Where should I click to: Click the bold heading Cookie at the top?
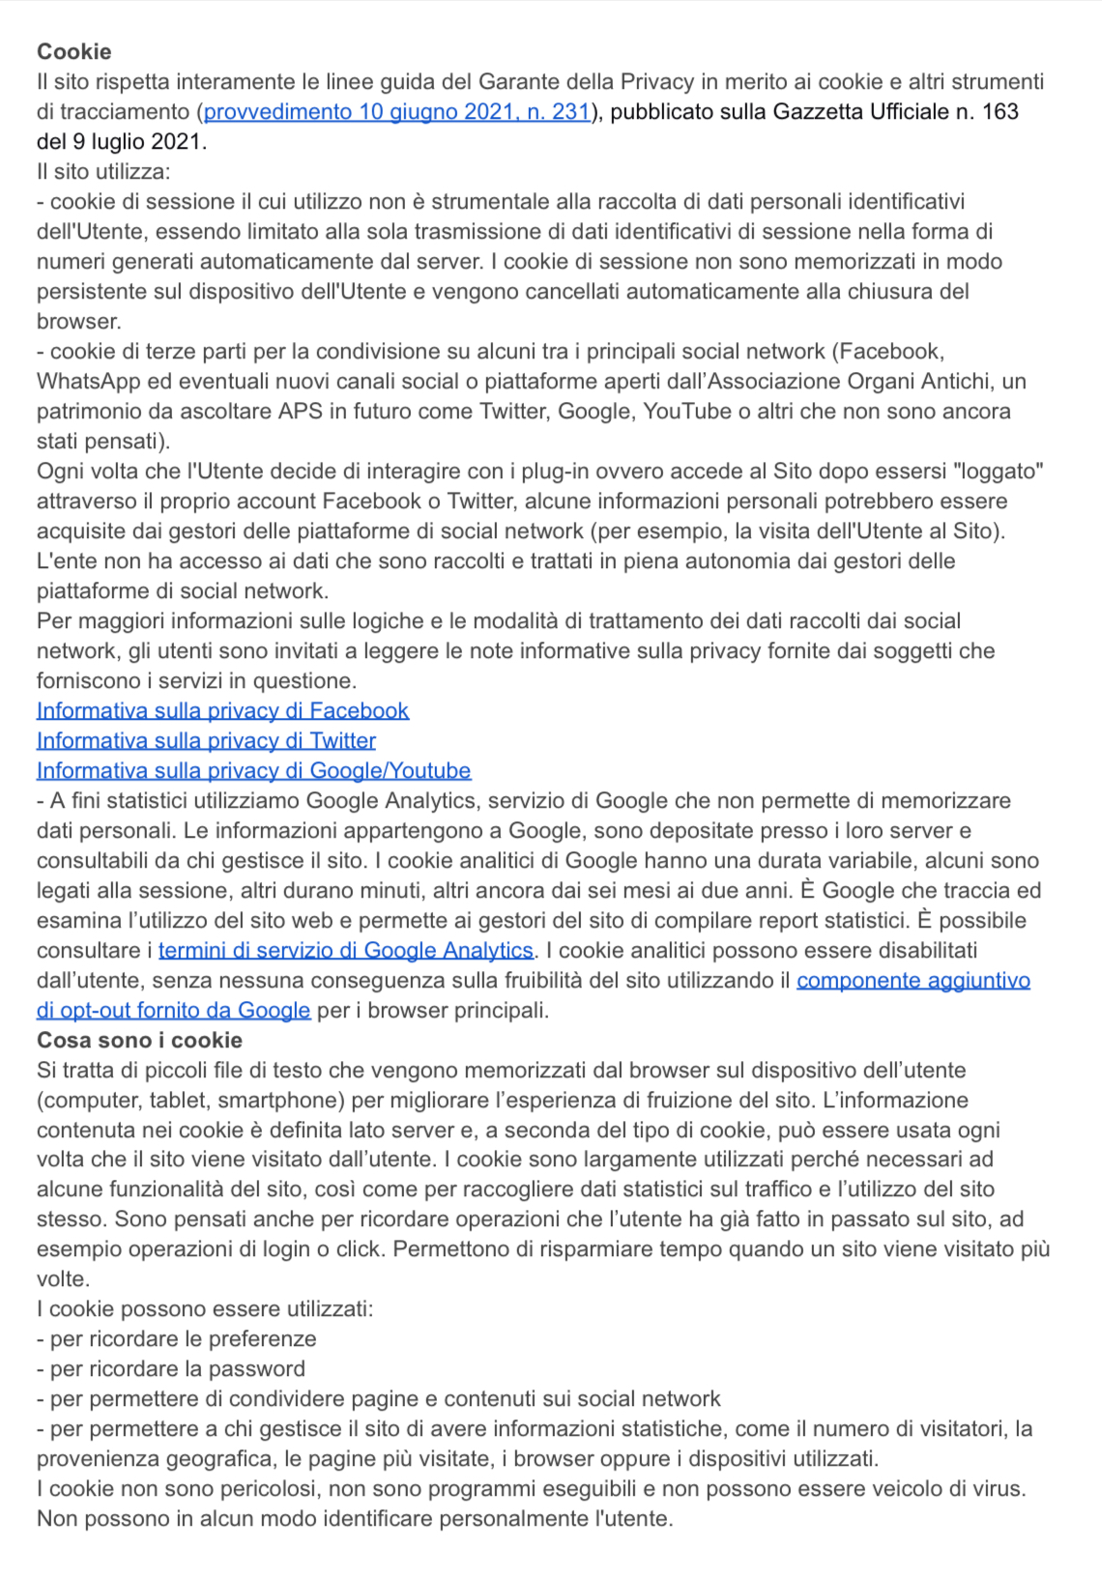73,52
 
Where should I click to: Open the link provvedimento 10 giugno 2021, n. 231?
396,112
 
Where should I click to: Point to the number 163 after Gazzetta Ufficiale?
1000,112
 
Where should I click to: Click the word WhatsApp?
81,382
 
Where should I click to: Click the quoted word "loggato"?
999,472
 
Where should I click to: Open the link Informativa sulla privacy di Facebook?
222,711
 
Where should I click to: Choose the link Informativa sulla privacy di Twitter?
206,741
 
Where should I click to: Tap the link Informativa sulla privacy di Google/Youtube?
253,771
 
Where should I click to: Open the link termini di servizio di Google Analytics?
345,951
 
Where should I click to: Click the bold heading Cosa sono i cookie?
139,1041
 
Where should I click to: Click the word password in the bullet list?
256,1369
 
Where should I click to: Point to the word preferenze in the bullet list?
262,1339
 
